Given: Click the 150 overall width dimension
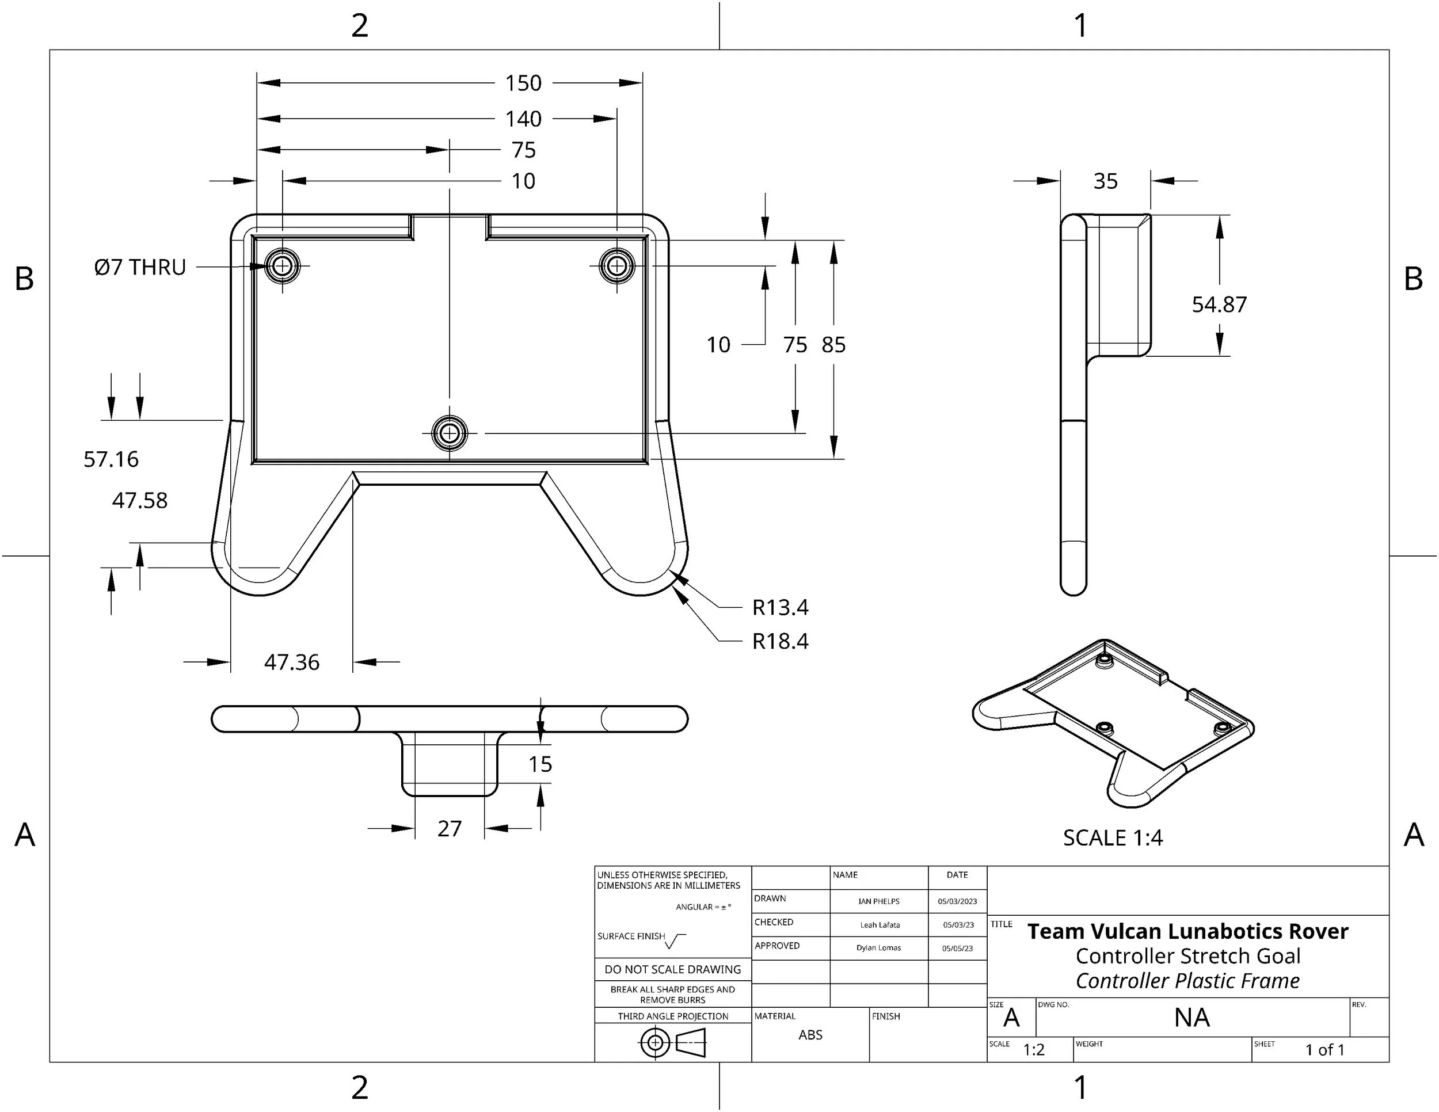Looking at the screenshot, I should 523,83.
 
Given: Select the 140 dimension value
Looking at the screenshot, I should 523,119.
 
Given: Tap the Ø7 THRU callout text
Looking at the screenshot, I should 140,267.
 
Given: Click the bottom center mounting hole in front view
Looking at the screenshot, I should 450,433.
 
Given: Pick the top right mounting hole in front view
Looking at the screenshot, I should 616,266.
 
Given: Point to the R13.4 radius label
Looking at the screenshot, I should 780,607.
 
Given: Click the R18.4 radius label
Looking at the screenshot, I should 780,641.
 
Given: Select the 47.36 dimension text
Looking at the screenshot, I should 291,662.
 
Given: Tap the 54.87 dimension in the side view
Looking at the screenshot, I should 1219,304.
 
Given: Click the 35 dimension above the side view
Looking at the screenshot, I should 1106,181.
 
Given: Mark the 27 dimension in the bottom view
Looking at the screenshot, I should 450,828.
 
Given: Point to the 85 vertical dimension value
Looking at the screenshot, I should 833,345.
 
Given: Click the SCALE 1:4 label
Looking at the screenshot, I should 1113,838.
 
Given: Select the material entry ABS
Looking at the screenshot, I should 810,1035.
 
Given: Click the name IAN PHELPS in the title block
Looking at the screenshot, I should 879,901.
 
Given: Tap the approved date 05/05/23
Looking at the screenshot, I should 957,949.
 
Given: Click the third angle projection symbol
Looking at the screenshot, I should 673,1043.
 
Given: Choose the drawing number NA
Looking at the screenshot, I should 1192,1018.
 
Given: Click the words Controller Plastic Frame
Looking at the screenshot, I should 1187,981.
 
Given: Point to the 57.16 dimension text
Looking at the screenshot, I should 111,459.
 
